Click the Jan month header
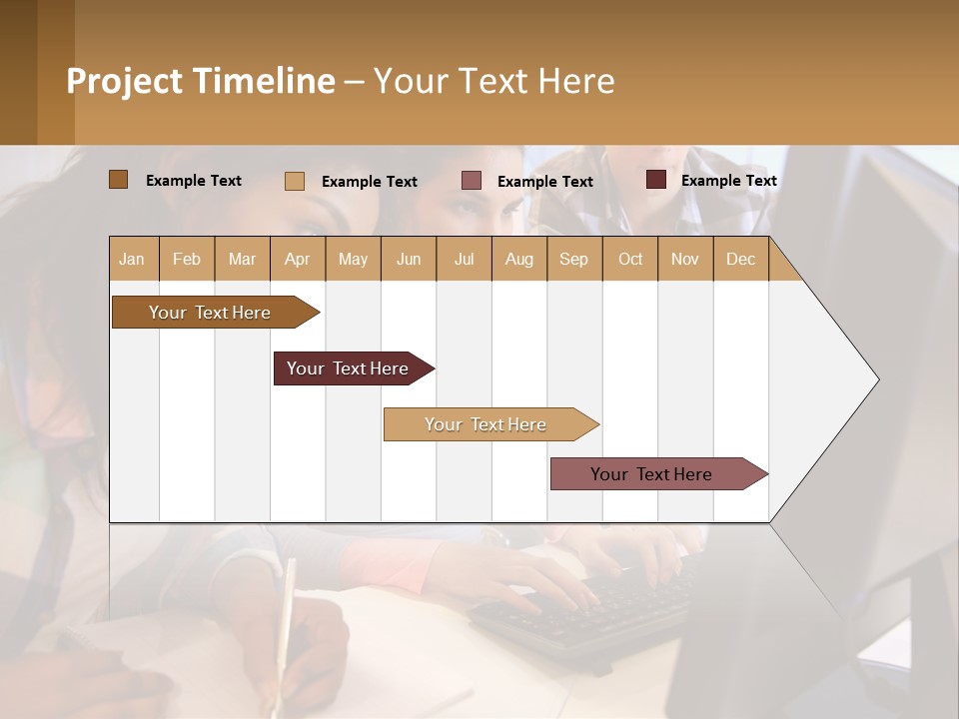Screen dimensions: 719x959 133,259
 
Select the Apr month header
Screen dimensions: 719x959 298,259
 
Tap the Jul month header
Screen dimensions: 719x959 464,259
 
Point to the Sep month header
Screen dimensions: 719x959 573,259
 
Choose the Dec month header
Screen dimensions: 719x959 740,259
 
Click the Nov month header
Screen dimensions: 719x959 684,259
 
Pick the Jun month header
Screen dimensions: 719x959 409,259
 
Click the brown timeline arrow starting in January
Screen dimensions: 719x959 210,313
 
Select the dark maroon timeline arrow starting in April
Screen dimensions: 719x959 348,368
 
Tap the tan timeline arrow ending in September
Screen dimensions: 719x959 485,424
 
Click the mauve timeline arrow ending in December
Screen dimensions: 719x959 651,474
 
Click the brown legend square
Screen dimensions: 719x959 118,180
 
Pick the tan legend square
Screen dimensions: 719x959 294,181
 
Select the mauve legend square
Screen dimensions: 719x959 472,181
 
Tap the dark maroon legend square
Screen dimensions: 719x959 655,180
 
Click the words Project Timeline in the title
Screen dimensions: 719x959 200,81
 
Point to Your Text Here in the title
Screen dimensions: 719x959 494,81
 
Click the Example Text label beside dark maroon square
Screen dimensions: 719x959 728,181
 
